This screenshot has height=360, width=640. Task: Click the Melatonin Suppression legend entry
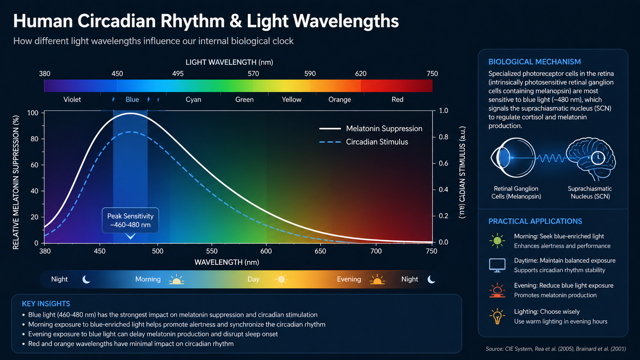[x=371, y=129]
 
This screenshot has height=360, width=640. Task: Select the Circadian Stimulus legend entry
[x=363, y=142]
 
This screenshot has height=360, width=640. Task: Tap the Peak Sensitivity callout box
[x=130, y=220]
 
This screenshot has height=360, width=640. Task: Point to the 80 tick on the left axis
[x=34, y=139]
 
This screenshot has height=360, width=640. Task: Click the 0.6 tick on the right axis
[x=443, y=163]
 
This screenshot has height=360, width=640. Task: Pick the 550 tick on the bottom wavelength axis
[x=212, y=251]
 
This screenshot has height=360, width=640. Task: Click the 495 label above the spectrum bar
[x=178, y=74]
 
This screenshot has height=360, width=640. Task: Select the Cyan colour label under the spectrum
[x=193, y=99]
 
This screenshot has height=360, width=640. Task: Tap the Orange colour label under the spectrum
[x=340, y=99]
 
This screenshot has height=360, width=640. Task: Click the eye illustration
[x=513, y=158]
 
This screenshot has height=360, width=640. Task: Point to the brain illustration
[x=591, y=158]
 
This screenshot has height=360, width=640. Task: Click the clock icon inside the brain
[x=598, y=158]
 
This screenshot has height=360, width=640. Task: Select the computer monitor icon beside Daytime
[x=497, y=265]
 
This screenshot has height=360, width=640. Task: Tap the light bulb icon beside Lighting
[x=497, y=316]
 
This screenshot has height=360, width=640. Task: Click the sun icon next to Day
[x=281, y=279]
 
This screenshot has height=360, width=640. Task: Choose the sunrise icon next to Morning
[x=176, y=280]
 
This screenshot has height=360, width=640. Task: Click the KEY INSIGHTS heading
[x=46, y=304]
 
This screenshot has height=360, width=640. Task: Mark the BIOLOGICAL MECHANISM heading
[x=535, y=62]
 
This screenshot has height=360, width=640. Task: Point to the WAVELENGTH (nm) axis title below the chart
[x=227, y=262]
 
